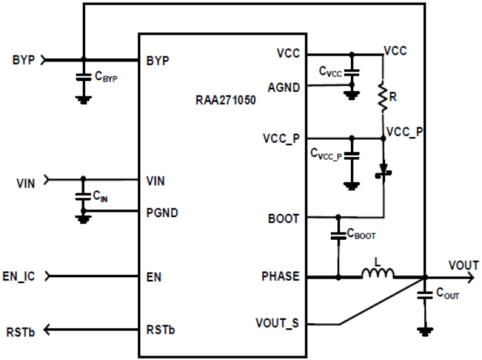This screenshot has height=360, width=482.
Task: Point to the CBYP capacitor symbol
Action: [x=83, y=76]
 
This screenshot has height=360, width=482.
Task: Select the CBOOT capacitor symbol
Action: [x=338, y=237]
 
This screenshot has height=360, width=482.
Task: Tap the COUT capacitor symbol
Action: [x=424, y=296]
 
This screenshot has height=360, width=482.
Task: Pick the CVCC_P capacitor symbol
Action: [x=351, y=156]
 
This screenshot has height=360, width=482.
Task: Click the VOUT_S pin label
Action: [x=278, y=323]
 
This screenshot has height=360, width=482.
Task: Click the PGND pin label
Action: [x=162, y=212]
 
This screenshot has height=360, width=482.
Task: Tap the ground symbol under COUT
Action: [x=424, y=331]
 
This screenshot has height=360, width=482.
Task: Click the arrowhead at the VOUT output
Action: [x=474, y=278]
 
